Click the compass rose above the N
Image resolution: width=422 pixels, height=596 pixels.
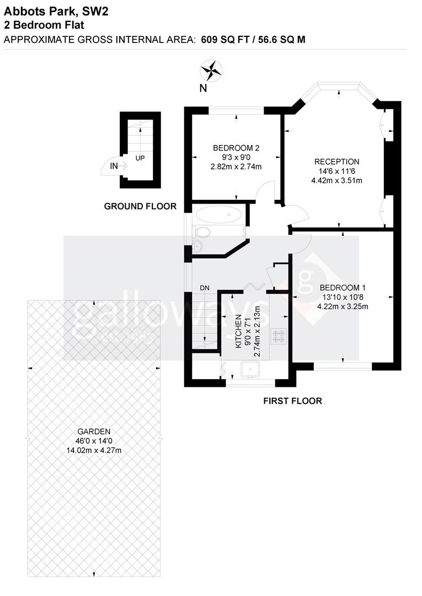click(x=211, y=70)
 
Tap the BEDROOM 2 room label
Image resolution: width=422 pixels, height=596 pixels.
click(x=236, y=148)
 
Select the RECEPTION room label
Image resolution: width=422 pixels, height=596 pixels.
click(x=336, y=162)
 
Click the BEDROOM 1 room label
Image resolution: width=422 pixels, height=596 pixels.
click(x=343, y=288)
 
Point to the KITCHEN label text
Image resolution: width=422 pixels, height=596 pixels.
click(x=239, y=331)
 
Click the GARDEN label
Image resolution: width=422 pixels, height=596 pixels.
click(x=94, y=432)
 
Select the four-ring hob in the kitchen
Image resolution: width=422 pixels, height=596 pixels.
click(x=278, y=336)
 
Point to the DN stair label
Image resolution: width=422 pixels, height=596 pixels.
click(x=205, y=288)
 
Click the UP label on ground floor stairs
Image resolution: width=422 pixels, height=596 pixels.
click(x=140, y=158)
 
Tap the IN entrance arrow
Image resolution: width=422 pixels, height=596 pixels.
click(x=115, y=166)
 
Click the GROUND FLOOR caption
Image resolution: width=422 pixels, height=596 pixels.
click(x=140, y=206)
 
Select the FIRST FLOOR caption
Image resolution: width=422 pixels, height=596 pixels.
click(x=292, y=401)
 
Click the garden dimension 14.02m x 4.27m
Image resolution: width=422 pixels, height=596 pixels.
click(x=94, y=450)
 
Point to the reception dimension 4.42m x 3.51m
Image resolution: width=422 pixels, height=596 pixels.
click(x=336, y=180)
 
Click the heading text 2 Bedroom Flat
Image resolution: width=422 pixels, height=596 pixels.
click(x=44, y=24)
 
